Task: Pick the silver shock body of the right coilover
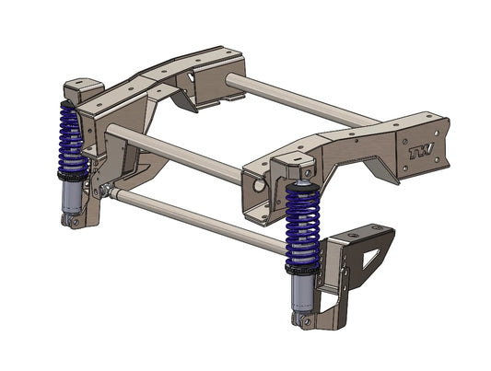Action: [x=299, y=292]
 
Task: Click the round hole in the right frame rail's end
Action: [x=259, y=183]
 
